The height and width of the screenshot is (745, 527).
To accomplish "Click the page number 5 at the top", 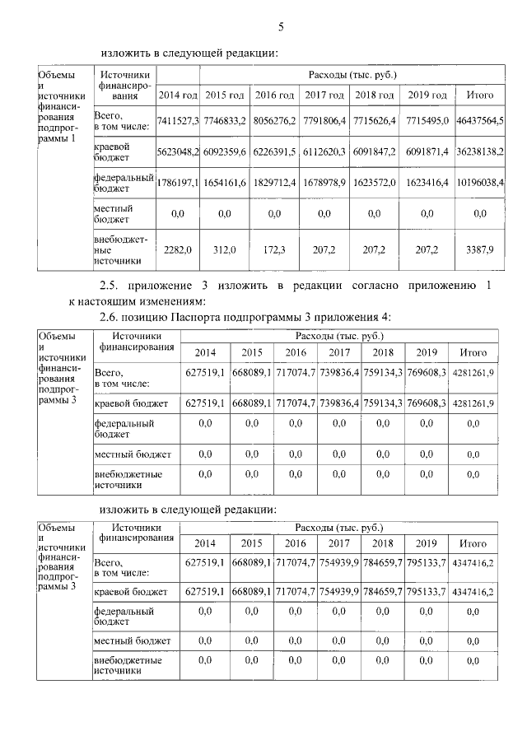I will (281, 27).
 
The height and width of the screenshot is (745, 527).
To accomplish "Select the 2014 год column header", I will (177, 95).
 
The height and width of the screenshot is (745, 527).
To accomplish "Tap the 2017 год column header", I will (324, 95).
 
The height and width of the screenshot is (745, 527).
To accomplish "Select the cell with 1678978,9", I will (324, 182).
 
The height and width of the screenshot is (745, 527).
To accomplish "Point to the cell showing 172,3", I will (275, 249).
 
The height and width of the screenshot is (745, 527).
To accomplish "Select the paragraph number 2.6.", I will (110, 316).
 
